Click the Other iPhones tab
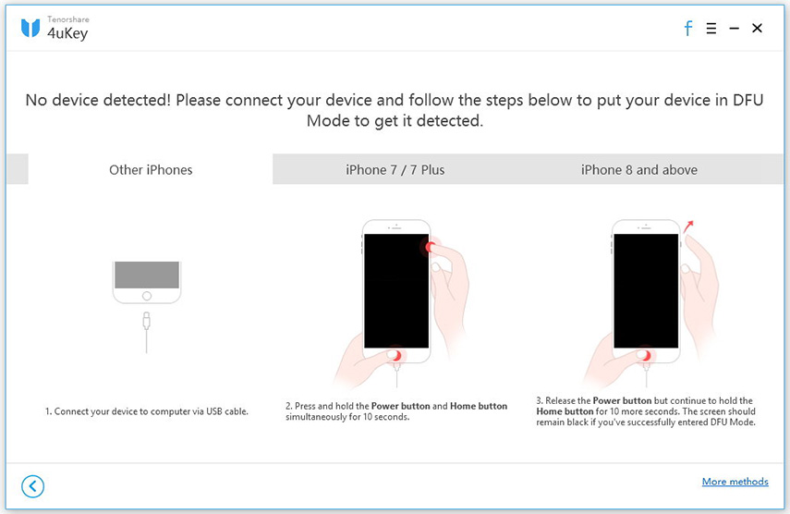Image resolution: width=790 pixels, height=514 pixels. tap(151, 169)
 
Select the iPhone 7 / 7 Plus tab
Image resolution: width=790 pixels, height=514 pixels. tap(395, 169)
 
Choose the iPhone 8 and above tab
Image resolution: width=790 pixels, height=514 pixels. tap(638, 169)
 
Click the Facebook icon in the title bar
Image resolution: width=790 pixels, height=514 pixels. tap(687, 29)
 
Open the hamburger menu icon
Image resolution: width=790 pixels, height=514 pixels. tap(711, 29)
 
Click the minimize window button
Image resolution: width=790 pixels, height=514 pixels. tap(735, 29)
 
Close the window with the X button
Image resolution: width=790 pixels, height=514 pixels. tap(757, 29)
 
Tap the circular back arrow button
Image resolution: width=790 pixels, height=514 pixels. tap(33, 486)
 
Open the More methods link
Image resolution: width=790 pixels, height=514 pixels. tap(735, 482)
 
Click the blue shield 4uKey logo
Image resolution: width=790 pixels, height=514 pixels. tap(30, 29)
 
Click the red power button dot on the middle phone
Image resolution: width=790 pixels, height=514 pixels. tap(430, 246)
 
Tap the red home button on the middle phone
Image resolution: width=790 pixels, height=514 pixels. tap(395, 355)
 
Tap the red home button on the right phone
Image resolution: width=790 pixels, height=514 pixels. tap(646, 355)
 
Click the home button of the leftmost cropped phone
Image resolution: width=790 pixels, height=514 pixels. tap(145, 296)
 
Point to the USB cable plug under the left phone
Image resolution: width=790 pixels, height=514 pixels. tap(145, 320)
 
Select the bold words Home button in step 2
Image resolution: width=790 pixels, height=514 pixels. tap(478, 406)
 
